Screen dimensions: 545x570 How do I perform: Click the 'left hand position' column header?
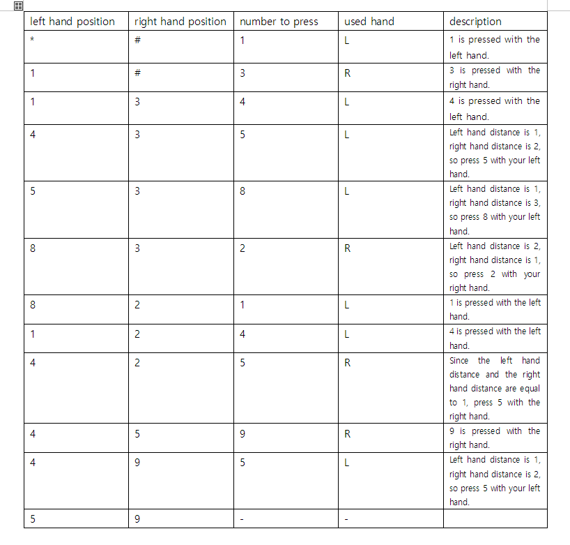(x=72, y=22)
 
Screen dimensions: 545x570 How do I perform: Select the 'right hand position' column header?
(x=180, y=22)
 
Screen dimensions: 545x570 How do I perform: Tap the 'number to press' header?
(x=279, y=22)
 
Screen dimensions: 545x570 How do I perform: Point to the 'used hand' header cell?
(x=369, y=22)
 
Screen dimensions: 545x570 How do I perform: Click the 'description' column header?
(x=475, y=22)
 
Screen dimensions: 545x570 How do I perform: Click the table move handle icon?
(x=18, y=6)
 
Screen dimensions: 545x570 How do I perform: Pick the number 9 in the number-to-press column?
(x=242, y=434)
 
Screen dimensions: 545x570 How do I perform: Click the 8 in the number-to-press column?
(x=242, y=191)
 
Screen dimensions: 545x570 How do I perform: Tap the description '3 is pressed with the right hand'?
(x=495, y=77)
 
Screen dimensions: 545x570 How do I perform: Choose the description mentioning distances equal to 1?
(x=495, y=388)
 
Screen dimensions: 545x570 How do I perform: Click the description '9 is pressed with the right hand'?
(x=495, y=438)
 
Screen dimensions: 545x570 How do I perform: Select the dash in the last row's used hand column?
(x=346, y=519)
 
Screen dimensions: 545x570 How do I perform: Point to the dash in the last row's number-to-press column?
(x=242, y=519)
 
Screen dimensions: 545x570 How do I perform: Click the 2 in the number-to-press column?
(x=242, y=248)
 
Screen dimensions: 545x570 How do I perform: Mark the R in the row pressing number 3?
(x=347, y=73)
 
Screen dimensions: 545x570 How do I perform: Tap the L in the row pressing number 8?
(x=347, y=191)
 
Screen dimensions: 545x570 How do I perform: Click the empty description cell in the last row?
(x=495, y=518)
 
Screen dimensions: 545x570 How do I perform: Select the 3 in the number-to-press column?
(x=242, y=73)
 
